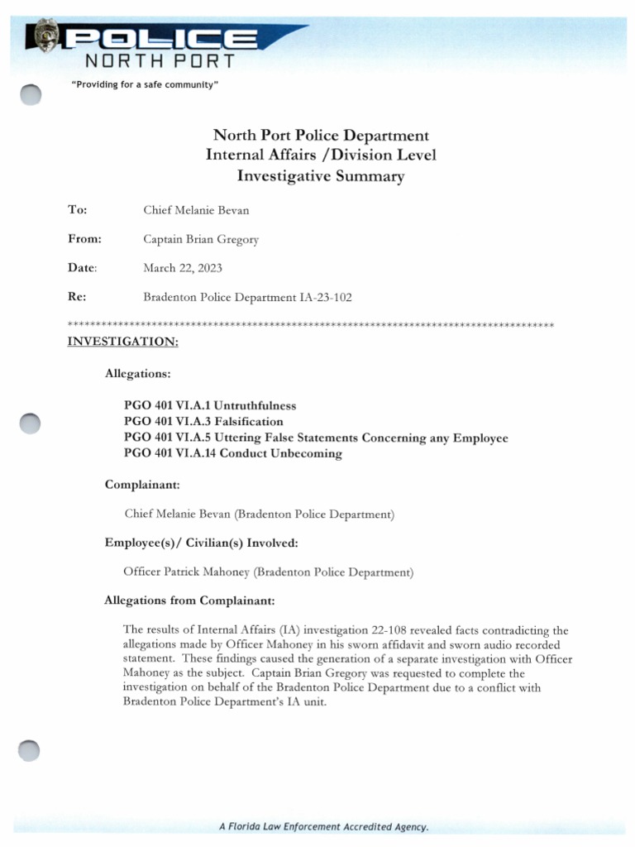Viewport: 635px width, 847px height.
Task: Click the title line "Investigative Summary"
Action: (x=321, y=175)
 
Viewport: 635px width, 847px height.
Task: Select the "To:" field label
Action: (x=77, y=210)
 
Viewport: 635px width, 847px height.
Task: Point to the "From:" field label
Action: (x=84, y=239)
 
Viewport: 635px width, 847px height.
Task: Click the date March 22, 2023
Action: (x=183, y=268)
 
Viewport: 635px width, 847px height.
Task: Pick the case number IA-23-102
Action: (x=326, y=297)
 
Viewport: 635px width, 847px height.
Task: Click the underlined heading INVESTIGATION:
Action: (x=122, y=341)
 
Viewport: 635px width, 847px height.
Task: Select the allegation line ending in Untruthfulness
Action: (x=209, y=406)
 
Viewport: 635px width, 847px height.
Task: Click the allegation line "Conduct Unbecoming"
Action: (x=232, y=453)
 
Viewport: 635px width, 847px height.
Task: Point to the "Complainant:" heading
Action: (x=142, y=484)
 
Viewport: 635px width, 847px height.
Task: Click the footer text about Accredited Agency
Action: (x=323, y=826)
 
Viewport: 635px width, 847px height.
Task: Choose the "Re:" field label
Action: (x=76, y=297)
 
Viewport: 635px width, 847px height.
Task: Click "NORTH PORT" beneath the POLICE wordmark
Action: (x=160, y=60)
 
